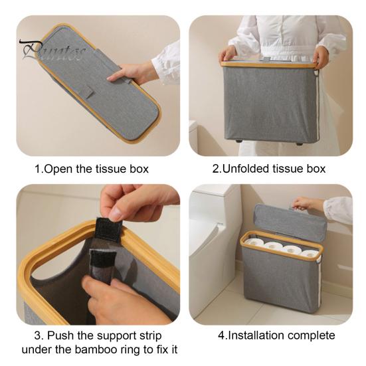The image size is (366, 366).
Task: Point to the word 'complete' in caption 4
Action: pos(312,336)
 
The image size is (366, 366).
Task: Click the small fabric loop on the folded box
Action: pos(88,92)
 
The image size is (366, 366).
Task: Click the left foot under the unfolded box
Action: pos(238,141)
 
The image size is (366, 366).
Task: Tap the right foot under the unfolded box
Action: pos(300,143)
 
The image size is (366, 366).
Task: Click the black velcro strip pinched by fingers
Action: pos(109,229)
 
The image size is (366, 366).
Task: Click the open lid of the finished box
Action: pos(290,222)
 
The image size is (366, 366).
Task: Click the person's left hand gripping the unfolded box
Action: pos(321,56)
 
